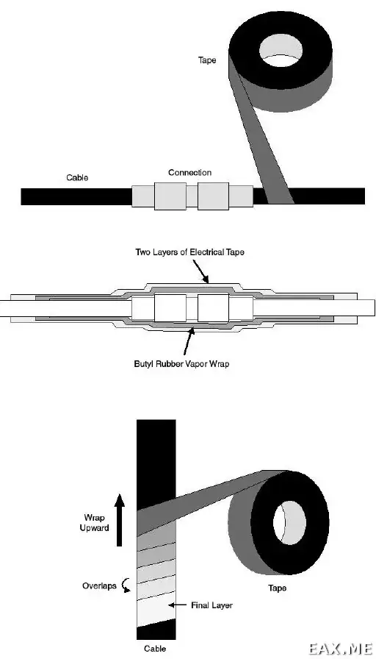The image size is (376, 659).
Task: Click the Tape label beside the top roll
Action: point(207,60)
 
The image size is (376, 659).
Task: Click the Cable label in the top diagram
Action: point(77,177)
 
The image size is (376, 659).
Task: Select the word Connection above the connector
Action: point(189,172)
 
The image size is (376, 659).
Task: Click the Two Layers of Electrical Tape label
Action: point(189,252)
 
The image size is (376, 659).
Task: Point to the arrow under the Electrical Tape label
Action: point(201,271)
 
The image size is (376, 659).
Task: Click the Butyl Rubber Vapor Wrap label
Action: point(181,363)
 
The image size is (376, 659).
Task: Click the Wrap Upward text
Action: point(95,522)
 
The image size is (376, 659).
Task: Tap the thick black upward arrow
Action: point(120,520)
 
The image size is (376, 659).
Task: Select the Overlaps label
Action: point(99,586)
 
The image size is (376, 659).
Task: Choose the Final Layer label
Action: point(211,605)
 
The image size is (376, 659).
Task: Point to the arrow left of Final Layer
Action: point(177,605)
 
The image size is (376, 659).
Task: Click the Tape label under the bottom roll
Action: point(277,588)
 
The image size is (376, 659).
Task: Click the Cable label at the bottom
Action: point(155,649)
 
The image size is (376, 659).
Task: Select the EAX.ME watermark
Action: point(340,649)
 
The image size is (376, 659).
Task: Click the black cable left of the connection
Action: point(76,196)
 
